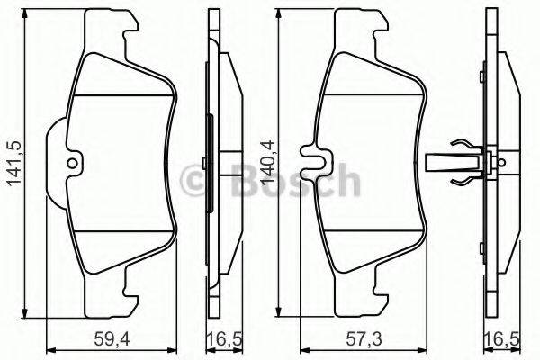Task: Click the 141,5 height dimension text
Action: (x=12, y=160)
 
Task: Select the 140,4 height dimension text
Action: (x=267, y=160)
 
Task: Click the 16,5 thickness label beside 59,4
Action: (x=218, y=339)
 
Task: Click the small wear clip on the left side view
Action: (x=207, y=164)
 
